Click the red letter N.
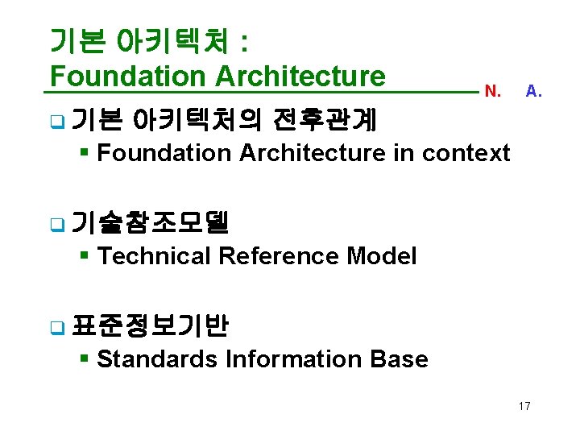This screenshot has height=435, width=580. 493,92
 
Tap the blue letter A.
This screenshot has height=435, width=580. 533,91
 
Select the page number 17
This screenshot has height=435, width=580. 524,406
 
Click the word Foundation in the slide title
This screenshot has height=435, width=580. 127,77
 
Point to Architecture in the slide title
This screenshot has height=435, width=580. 300,77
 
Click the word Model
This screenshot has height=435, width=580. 381,256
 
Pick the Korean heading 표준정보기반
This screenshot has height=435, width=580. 151,325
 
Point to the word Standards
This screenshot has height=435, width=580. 156,359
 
